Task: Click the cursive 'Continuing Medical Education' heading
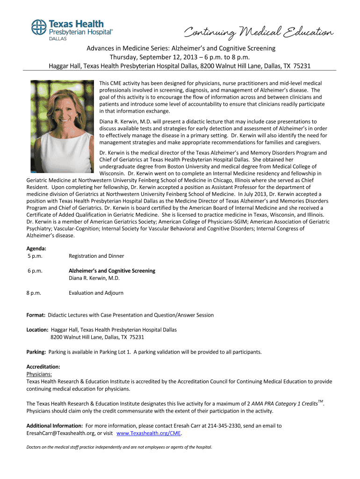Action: [x=259, y=33]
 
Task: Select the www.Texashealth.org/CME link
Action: [x=148, y=433]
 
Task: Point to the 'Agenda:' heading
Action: [x=36, y=248]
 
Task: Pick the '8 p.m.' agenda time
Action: [x=34, y=293]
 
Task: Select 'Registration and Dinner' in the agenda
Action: [x=96, y=256]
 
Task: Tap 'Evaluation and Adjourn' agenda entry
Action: [x=96, y=293]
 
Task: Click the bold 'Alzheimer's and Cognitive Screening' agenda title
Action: [x=112, y=271]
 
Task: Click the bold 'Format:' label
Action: [x=36, y=315]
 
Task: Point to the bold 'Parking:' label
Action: [x=36, y=352]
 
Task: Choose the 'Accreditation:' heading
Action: [x=43, y=367]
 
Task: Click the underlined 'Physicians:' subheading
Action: [x=39, y=374]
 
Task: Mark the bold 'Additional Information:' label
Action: [x=55, y=426]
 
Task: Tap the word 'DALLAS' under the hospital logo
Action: [x=58, y=39]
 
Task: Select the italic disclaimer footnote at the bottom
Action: [x=119, y=447]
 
